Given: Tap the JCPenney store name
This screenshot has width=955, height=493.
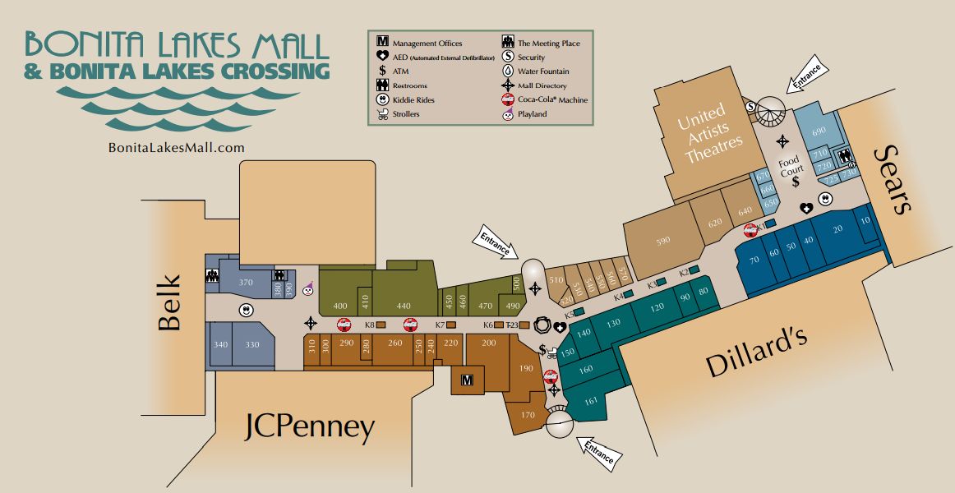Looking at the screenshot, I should coord(310,427).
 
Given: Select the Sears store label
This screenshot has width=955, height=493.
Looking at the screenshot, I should coord(894,179).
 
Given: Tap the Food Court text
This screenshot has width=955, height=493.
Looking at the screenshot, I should coord(791,166).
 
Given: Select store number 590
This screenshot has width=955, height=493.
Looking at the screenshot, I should coord(663,241).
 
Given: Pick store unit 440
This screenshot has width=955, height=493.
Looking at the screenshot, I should coord(404,306).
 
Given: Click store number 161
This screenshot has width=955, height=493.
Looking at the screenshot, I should coord(591,401).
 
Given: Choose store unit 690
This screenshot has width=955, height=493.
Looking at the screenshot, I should coord(819,131).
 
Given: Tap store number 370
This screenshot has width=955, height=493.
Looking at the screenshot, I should coord(245,282).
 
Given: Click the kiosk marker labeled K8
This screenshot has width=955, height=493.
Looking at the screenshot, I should coord(381,325).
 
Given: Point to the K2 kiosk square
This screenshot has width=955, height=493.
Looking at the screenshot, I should coord(694,270).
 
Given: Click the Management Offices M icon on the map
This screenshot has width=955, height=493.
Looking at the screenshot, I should coord(468,380).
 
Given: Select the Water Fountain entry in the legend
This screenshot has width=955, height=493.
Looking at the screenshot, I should coord(509,71).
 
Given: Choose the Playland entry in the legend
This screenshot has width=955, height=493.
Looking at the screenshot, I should coord(509,114).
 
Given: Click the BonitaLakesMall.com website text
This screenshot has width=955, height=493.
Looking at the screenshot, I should coord(177,147).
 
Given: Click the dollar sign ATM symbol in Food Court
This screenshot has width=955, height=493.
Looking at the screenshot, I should coord(795,182).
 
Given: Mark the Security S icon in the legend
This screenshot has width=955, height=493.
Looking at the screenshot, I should coord(509,57).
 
